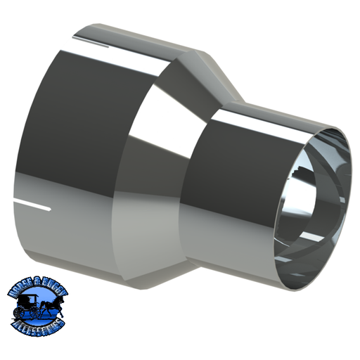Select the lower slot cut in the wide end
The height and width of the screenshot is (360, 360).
[35, 206]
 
